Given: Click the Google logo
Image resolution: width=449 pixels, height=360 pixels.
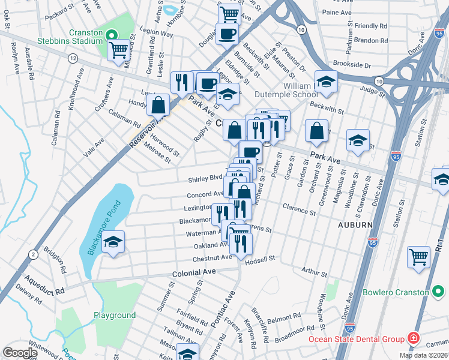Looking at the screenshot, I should point(20,353).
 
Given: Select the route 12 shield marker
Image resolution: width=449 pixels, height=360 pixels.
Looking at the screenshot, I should point(73,58).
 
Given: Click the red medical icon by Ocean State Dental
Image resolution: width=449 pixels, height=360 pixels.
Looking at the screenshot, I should point(413,339).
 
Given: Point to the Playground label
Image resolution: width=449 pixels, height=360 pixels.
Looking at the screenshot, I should point(115,315).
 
